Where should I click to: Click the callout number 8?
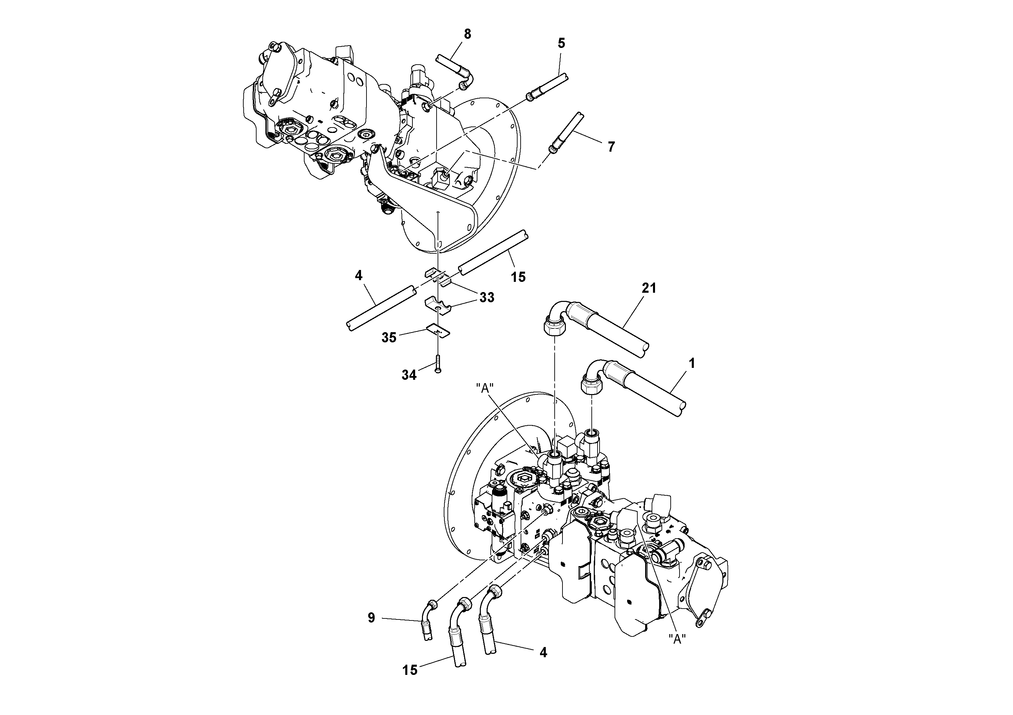467,34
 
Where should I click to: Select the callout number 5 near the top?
561,43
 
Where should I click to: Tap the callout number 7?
611,147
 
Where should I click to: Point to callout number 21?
649,288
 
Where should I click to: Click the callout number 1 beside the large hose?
692,364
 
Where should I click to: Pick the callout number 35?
389,338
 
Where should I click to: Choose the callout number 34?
409,375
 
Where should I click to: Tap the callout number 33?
487,297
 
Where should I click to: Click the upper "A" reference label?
485,388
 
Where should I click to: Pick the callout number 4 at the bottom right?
543,653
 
